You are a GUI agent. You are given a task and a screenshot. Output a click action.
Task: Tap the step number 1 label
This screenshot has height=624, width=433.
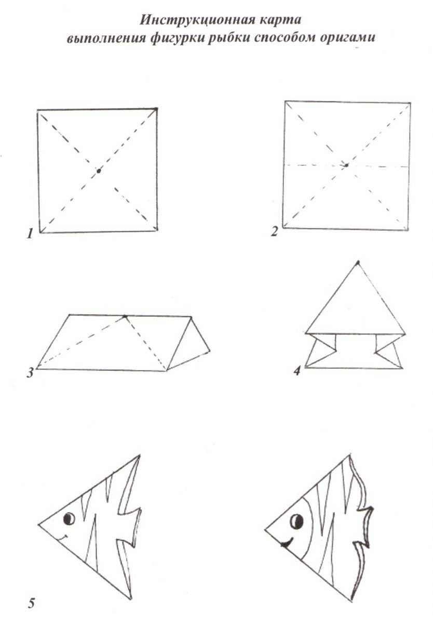[x=30, y=233]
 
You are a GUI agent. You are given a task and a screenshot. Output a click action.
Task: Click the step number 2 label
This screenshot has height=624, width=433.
[x=275, y=231]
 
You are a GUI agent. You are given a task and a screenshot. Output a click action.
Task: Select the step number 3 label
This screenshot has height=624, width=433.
[x=30, y=372]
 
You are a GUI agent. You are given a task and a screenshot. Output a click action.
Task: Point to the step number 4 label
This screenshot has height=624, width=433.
[x=297, y=370]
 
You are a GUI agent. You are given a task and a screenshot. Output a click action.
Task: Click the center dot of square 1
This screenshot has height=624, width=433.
[x=99, y=171]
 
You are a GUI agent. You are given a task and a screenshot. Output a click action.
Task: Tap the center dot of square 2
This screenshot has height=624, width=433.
[x=346, y=165]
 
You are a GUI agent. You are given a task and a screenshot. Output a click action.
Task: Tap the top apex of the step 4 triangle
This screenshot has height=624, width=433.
[x=357, y=263]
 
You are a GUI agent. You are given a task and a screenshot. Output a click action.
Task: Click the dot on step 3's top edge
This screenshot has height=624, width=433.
[x=125, y=316]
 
